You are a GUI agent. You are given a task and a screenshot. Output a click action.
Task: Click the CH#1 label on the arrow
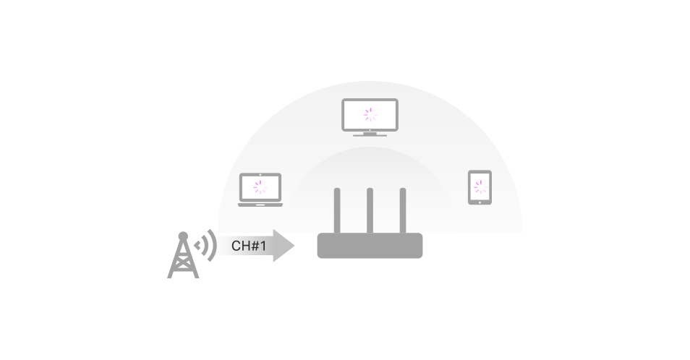point(249,246)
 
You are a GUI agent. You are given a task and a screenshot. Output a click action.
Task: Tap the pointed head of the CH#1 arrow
point(284,246)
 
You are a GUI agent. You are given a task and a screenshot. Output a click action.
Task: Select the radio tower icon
point(183,255)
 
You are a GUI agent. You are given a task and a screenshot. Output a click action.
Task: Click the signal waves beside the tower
point(206,245)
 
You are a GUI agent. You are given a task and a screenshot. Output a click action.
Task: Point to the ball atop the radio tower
point(183,236)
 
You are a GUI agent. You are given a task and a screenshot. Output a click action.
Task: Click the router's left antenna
point(337,211)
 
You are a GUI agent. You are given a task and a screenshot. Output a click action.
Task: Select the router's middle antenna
point(370,211)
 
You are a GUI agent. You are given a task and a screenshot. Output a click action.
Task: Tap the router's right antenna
point(403,211)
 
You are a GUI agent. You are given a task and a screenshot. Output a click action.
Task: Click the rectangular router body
point(370,246)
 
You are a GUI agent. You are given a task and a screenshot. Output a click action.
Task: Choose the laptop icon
point(260,190)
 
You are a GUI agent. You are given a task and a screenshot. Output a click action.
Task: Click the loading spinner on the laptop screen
point(260,187)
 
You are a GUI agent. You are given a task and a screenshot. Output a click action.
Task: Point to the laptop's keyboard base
point(260,205)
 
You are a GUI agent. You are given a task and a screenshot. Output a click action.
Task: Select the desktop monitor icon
point(370,117)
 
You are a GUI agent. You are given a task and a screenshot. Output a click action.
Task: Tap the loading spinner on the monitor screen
point(370,115)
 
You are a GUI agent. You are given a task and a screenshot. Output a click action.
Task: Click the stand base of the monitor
point(370,135)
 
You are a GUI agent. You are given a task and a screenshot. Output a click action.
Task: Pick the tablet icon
point(480,187)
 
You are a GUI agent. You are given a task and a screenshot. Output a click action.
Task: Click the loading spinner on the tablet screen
point(480,187)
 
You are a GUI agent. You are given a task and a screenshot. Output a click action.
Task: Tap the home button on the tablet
point(480,202)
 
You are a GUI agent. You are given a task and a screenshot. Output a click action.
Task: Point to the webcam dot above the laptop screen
point(260,175)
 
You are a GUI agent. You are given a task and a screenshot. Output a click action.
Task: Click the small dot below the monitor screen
point(370,130)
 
